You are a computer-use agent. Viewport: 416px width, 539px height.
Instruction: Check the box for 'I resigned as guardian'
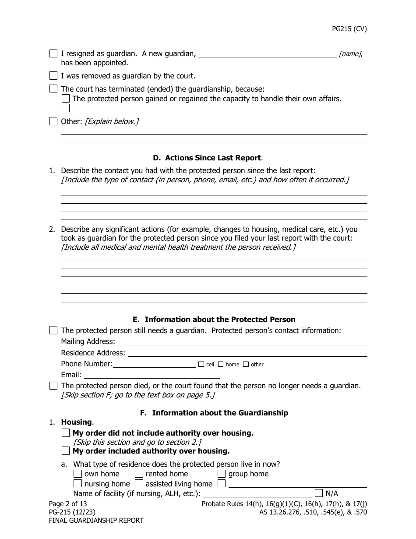[53, 53]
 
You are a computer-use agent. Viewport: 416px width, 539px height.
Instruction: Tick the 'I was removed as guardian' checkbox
[53, 75]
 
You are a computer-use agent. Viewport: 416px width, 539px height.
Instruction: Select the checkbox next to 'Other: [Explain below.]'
[53, 121]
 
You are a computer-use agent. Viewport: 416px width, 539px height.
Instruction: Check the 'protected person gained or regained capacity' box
[66, 99]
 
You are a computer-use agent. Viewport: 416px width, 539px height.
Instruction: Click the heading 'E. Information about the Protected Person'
[214, 319]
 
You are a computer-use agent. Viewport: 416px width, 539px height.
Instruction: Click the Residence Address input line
[247, 353]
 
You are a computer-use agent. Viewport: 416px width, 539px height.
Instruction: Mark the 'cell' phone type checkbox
[201, 364]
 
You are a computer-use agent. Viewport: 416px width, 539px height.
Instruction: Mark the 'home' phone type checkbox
[221, 364]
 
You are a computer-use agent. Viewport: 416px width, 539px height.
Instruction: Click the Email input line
[152, 375]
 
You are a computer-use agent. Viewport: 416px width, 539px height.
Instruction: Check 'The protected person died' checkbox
[53, 386]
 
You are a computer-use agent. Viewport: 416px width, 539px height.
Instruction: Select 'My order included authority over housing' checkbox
[66, 451]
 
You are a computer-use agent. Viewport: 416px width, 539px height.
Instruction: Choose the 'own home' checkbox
[78, 474]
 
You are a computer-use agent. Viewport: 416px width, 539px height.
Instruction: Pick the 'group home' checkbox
[222, 474]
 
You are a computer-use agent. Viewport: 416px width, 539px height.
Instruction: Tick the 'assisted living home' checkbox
[139, 484]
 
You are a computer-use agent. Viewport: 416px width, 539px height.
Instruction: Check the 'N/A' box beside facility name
[319, 493]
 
